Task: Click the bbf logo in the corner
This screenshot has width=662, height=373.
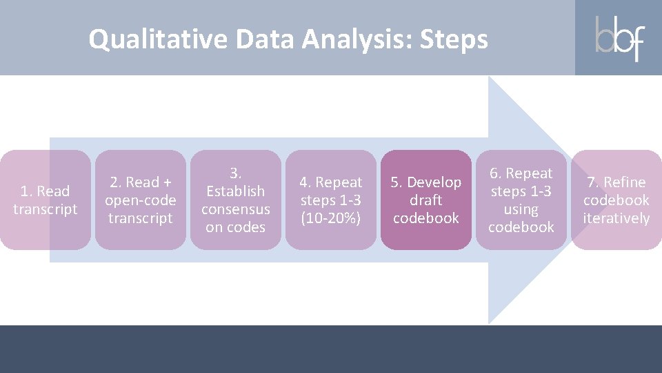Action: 619,38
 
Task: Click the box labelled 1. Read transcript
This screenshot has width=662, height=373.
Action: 46,200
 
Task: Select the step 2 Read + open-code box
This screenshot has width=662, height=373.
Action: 141,200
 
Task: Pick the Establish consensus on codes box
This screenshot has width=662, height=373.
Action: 236,200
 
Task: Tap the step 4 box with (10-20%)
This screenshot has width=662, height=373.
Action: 331,200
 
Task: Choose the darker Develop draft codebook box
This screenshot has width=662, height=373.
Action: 426,200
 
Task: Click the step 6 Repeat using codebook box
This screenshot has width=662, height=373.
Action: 521,200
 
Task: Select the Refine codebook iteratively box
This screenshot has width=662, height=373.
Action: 616,200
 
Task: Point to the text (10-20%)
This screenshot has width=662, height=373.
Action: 331,218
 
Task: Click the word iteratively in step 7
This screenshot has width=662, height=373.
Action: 616,218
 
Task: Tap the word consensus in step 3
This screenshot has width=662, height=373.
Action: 236,209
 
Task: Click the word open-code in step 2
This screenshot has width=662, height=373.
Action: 141,200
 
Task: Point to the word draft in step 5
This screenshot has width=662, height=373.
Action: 426,200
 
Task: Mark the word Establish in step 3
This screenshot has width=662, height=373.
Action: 236,191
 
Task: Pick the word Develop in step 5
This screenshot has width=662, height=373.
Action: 434,182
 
